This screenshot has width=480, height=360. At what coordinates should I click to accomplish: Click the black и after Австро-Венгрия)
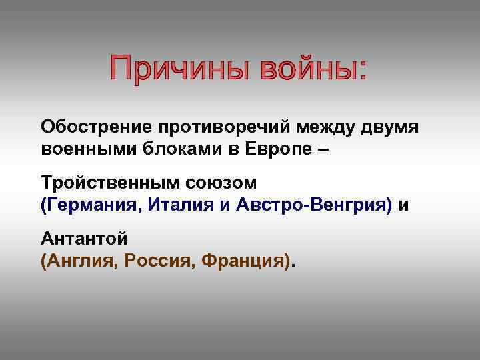click(x=403, y=206)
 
